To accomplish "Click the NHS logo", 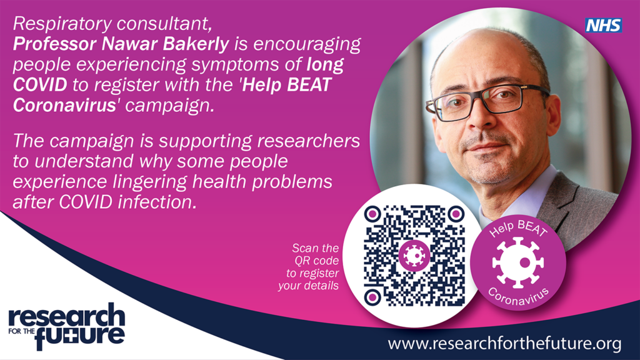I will (603, 25).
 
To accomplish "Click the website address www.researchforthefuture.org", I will (504, 343).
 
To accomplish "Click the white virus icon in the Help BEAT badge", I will (517, 261).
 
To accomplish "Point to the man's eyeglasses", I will (487, 100).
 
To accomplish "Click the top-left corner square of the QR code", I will (372, 214).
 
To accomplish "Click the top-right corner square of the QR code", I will (454, 214).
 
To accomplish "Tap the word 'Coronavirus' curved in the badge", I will (518, 294).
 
